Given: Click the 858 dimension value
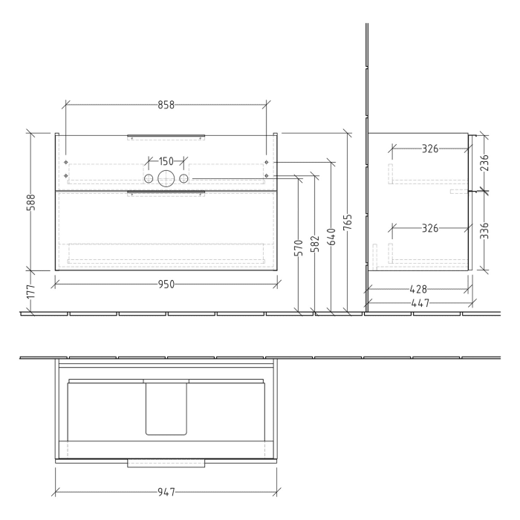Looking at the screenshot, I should tap(165, 105).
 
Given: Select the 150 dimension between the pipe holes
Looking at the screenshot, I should tap(166, 161).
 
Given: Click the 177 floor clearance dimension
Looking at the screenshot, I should tap(30, 292).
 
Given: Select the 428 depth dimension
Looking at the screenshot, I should tap(419, 289).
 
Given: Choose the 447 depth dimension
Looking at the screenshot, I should tap(419, 303).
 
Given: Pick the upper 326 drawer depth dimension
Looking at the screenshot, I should tap(429, 149).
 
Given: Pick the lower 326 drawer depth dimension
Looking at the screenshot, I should tap(429, 228).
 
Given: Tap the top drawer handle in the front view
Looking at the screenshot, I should tap(166, 137).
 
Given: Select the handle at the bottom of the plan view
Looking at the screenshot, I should tap(166, 464).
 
